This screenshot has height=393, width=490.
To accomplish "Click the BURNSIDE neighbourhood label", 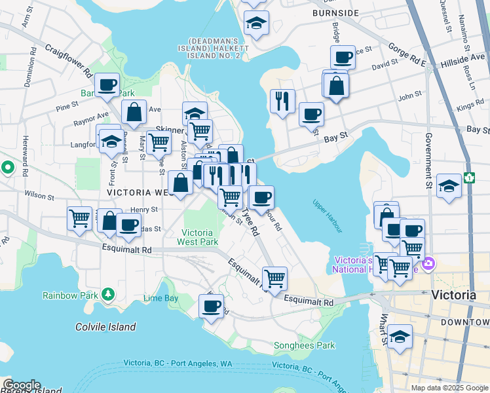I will pos(335,12).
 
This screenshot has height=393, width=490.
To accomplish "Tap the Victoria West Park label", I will pos(197,237).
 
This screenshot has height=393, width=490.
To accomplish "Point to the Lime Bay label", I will pos(160,299).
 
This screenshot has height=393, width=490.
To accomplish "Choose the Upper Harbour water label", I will pos(328,216).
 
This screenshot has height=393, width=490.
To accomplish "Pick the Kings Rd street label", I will pos(470,106).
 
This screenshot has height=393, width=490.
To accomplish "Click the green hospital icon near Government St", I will pos(469,177).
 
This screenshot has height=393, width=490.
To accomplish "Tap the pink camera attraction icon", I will pos(428,264).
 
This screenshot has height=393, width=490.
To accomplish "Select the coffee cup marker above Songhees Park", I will pos(211,306).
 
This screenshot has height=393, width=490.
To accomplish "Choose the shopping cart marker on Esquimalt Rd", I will pos(274,278).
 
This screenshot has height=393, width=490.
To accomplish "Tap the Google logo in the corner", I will pos(21,384).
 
